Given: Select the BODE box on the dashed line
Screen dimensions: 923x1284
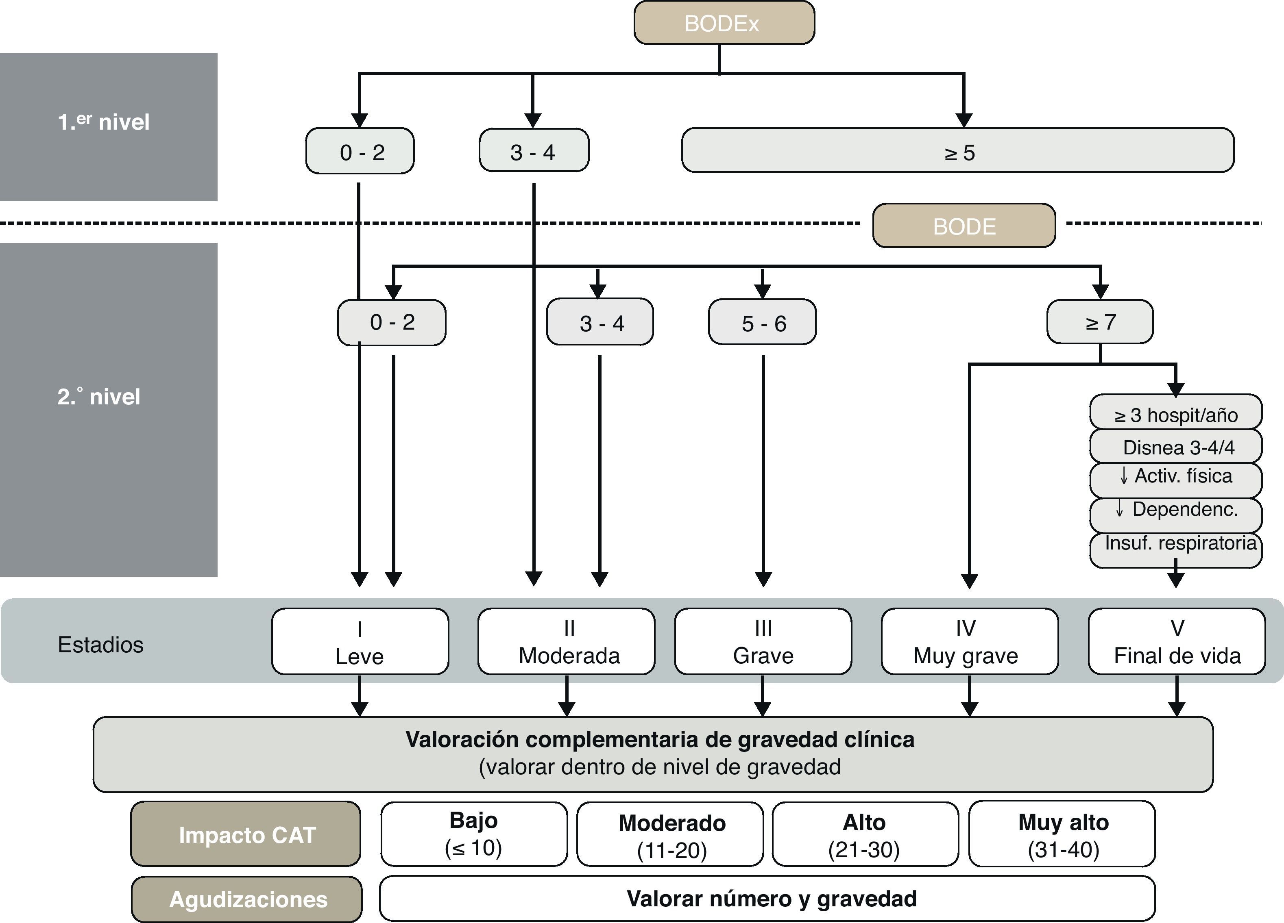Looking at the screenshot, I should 964,226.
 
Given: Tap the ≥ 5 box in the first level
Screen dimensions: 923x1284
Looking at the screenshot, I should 958,151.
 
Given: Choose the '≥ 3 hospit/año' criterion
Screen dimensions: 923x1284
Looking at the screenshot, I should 1175,414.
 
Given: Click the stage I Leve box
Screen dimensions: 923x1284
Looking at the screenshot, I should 360,642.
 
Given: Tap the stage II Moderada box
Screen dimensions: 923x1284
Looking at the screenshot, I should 567,642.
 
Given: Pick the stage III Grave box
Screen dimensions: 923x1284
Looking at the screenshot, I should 763,642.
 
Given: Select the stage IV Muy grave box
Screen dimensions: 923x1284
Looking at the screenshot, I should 969,642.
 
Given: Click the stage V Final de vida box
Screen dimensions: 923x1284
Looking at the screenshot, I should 1177,642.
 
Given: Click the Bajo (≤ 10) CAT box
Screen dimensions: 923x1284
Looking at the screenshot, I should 474,834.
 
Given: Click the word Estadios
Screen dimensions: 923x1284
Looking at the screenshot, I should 101,645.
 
